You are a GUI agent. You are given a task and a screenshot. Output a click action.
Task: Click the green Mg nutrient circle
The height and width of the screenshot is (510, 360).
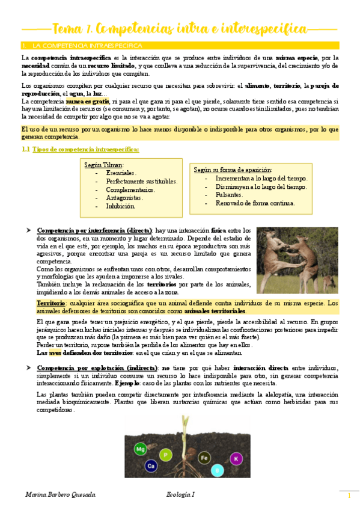pyautogui.click(x=140, y=449)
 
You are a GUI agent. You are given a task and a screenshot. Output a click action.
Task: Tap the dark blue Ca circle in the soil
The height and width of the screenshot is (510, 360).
pyautogui.click(x=151, y=465)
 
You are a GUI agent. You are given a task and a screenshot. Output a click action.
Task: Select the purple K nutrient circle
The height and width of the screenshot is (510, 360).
pyautogui.click(x=236, y=459)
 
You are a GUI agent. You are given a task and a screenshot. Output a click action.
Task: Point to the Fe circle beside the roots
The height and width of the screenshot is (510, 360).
pyautogui.click(x=204, y=457)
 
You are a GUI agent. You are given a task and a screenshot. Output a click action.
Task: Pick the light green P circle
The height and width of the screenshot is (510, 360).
pyautogui.click(x=165, y=454)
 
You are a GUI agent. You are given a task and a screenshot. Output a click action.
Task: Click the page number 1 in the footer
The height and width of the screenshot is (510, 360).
pyautogui.click(x=349, y=496)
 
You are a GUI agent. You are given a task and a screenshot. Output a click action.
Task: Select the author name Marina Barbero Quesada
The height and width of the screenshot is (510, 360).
pyautogui.click(x=59, y=494)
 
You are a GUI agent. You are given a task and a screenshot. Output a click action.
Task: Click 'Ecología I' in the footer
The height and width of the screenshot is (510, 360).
pyautogui.click(x=181, y=494)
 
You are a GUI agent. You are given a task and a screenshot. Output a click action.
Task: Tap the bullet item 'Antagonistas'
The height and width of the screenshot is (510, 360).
pyautogui.click(x=124, y=197)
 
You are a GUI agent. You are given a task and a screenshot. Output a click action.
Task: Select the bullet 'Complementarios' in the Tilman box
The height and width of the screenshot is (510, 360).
pyautogui.click(x=130, y=189)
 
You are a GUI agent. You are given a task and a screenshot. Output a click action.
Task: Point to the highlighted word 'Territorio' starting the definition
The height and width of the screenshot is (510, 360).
pyautogui.click(x=50, y=303)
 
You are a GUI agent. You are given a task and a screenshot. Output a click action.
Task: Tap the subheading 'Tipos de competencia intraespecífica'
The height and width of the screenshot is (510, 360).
pyautogui.click(x=85, y=149)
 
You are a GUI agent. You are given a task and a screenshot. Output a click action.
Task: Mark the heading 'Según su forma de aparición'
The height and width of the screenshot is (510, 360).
pyautogui.click(x=233, y=170)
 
